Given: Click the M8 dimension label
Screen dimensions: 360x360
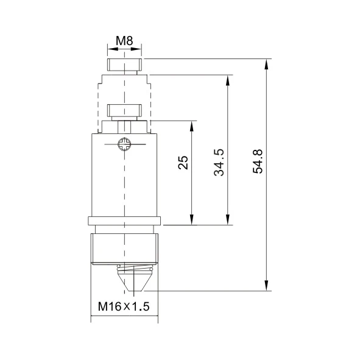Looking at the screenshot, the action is point(124,41).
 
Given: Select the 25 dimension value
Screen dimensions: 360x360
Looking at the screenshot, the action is point(183,163).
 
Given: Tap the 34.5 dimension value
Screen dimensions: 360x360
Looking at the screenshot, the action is point(219,163).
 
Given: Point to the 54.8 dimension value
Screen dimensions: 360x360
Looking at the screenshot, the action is point(258,161).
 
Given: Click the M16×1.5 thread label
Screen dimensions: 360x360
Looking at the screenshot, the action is point(124,306).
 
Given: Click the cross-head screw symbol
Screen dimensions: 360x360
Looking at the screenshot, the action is point(124,144).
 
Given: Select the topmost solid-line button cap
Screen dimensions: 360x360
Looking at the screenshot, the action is point(124,65).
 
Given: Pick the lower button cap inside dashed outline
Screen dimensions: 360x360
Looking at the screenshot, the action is point(124,110).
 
